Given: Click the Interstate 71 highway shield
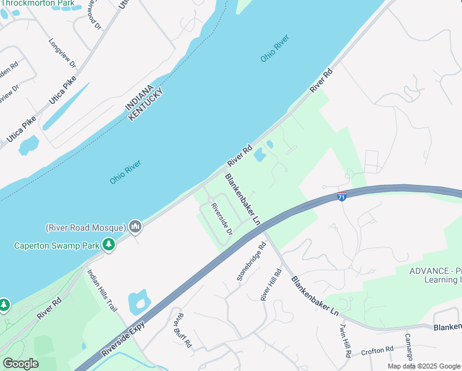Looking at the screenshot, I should click(x=342, y=197).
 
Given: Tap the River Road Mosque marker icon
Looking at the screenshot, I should click(x=136, y=228).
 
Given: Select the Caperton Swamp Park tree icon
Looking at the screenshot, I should click(x=109, y=245).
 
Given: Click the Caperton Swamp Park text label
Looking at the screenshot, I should click(x=57, y=245).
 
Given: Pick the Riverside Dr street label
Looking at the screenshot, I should click(x=221, y=219).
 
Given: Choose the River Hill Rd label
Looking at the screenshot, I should click(x=272, y=284).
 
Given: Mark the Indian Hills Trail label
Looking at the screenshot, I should click(x=102, y=291).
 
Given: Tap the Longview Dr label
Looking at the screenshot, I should click(x=62, y=54).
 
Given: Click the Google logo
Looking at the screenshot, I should click(x=20, y=364).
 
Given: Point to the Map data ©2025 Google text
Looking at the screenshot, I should click(x=424, y=366).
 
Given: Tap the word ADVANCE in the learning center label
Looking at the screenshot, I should click(x=429, y=271).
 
